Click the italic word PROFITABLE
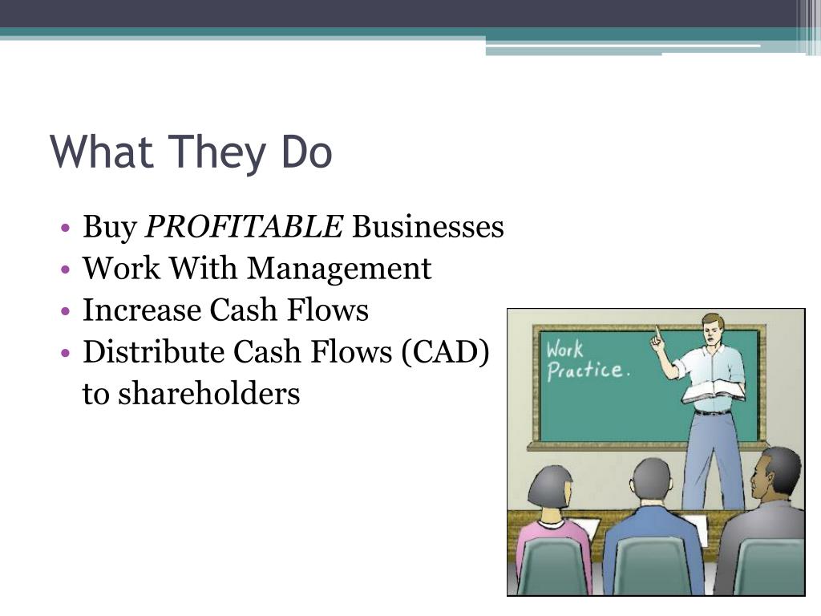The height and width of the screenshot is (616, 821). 244,228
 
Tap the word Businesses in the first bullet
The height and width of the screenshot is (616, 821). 428,228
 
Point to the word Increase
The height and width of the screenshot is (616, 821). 141,310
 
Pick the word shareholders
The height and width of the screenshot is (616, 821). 210,394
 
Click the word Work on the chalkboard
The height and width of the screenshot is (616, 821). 564,350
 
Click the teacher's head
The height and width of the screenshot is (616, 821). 712,327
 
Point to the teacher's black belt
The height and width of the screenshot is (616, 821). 712,412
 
